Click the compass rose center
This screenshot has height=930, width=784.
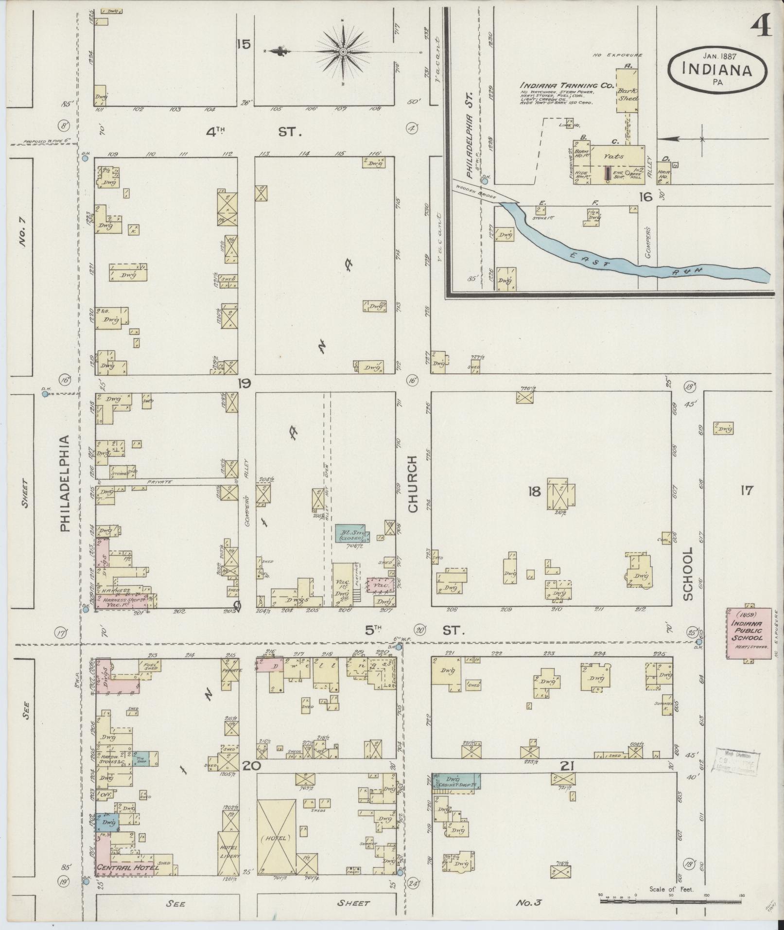click(x=343, y=52)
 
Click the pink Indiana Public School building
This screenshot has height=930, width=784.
click(x=749, y=633)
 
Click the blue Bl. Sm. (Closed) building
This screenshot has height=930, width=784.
click(x=352, y=533)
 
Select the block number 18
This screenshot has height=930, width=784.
click(x=534, y=491)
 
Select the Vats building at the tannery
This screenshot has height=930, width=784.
click(x=614, y=157)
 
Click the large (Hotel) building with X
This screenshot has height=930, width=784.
click(x=276, y=838)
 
